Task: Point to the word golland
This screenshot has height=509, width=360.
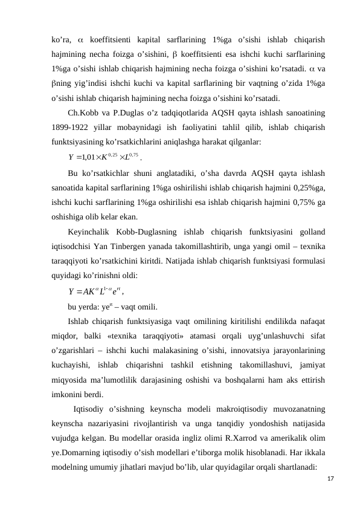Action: [x=309, y=232]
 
